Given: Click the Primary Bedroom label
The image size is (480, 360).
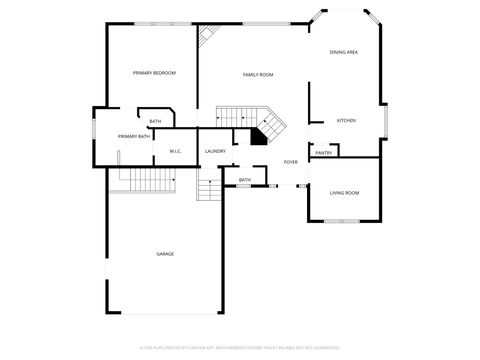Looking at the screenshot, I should coord(154,73).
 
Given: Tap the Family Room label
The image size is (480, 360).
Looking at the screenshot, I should coord(258,75).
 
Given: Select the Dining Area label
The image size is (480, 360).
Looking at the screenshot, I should coord(344,52).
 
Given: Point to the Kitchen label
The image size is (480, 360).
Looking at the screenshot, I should coord(345,121).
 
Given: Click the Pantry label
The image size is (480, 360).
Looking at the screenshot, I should coord(323,153).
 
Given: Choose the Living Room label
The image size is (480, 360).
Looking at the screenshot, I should coord(344,192).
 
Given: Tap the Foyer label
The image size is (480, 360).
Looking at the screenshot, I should coord(291,162).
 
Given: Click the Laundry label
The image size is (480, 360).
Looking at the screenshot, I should coord(215,151).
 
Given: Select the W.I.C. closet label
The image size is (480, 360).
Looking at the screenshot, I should coord(174,152).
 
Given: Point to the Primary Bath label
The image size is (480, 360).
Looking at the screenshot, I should coord(134,136).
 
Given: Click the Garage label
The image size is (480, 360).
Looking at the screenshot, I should coord(165,254).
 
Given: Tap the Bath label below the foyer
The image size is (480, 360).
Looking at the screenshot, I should coord(245,180).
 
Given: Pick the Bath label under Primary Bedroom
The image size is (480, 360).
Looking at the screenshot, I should coord(155,121).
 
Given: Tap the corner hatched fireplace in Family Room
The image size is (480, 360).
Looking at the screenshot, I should coord(208,36).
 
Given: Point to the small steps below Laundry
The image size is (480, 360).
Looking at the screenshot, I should coord(209,189).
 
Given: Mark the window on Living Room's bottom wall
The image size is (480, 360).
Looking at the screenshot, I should coord(334,220).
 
